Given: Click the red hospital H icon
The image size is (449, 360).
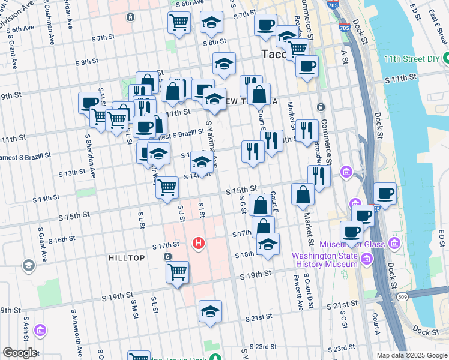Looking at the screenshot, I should [199, 244].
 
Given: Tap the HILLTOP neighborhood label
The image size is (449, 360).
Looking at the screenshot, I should [127, 257].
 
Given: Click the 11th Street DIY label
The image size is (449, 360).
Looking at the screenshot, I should [412, 61].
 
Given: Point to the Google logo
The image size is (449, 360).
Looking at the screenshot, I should [20, 353].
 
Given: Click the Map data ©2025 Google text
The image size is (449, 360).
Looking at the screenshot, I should [411, 355].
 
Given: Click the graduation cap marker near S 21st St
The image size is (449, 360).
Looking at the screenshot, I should [210, 311].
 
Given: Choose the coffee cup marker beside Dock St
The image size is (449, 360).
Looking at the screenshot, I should [385, 193].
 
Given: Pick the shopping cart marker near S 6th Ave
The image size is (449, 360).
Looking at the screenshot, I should [179, 23].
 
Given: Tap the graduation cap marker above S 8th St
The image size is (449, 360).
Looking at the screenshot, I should [211, 22].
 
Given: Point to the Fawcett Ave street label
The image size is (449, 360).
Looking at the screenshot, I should [299, 293].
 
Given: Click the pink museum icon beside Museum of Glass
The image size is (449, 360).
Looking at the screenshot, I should [394, 242].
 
